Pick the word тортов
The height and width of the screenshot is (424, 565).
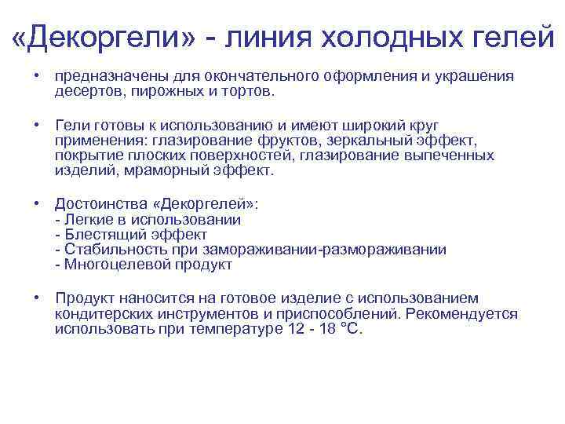click(x=250, y=92)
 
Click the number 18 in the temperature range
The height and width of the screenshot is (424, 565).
click(x=323, y=329)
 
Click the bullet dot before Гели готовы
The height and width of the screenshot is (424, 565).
click(x=37, y=126)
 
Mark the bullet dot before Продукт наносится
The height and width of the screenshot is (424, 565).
click(x=37, y=299)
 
